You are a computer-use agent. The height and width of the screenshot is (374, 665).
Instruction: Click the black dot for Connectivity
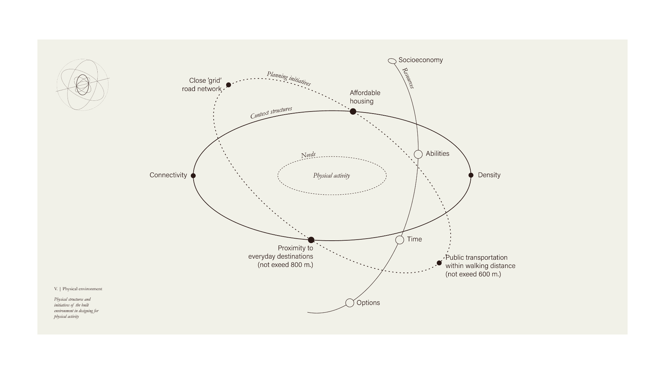pyautogui.click(x=193, y=176)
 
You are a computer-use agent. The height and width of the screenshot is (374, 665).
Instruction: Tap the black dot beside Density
pyautogui.click(x=471, y=175)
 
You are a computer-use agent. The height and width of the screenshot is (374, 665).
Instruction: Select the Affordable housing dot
pyautogui.click(x=353, y=112)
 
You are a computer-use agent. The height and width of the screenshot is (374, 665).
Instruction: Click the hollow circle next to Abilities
pyautogui.click(x=418, y=154)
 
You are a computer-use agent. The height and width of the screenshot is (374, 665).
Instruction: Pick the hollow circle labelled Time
pyautogui.click(x=400, y=240)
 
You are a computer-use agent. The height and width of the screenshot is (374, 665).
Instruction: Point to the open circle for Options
pyautogui.click(x=350, y=303)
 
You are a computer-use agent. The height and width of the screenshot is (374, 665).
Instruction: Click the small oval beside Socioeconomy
pyautogui.click(x=392, y=61)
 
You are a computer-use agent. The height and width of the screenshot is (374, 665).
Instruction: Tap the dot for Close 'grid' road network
pyautogui.click(x=229, y=85)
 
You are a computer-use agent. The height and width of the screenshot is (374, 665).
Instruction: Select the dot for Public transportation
pyautogui.click(x=439, y=263)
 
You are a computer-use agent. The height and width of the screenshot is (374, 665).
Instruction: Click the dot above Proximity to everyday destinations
pyautogui.click(x=311, y=240)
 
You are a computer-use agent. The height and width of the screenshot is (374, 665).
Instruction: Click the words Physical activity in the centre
pyautogui.click(x=331, y=176)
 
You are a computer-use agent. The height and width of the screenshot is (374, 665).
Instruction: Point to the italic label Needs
pyautogui.click(x=308, y=155)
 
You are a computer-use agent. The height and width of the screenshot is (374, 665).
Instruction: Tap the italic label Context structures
pyautogui.click(x=271, y=113)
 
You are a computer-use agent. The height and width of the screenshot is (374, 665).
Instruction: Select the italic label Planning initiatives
pyautogui.click(x=289, y=79)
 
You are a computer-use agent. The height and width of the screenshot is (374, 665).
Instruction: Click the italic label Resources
pyautogui.click(x=408, y=78)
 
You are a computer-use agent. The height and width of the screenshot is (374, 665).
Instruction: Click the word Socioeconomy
pyautogui.click(x=420, y=60)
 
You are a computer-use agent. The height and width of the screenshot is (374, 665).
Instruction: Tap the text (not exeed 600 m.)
pyautogui.click(x=473, y=274)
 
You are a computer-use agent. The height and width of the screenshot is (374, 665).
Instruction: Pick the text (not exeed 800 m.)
pyautogui.click(x=285, y=265)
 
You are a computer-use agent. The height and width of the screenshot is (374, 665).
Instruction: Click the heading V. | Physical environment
pyautogui.click(x=78, y=289)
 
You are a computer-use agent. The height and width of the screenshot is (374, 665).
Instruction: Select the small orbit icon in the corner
pyautogui.click(x=82, y=85)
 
